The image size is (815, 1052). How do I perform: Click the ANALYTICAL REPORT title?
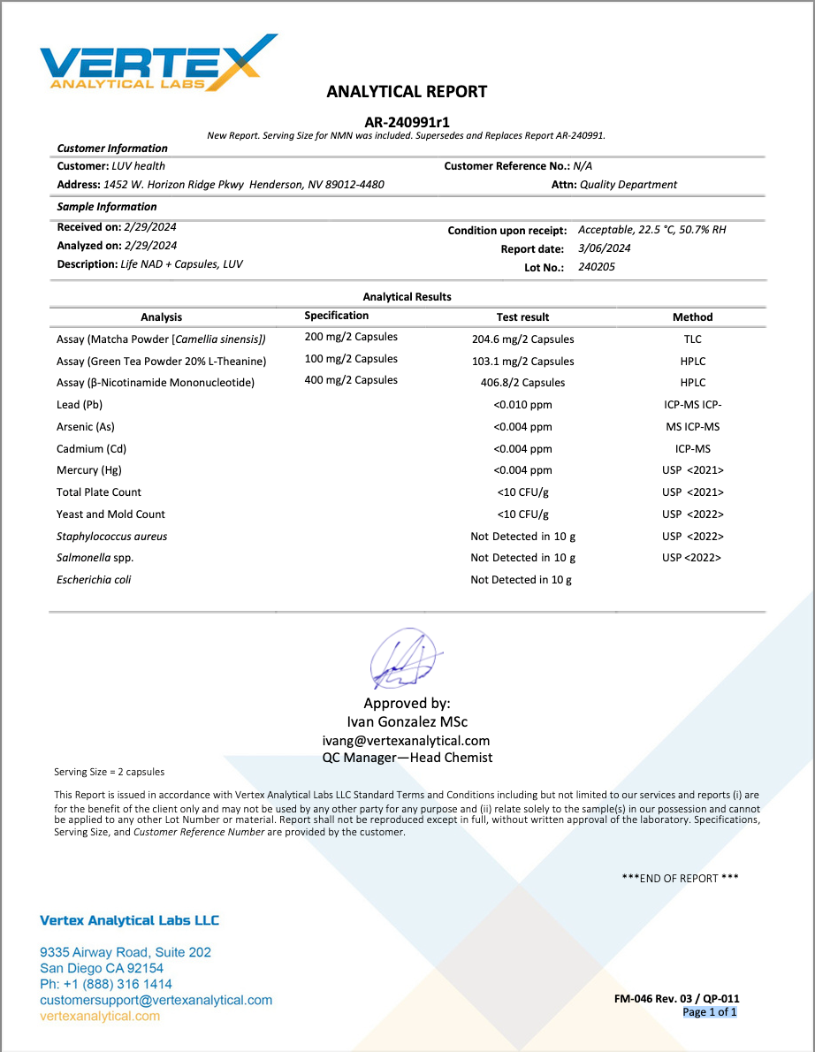click(x=407, y=91)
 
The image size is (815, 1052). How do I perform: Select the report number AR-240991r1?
click(x=407, y=122)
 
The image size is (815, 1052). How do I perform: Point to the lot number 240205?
click(x=597, y=266)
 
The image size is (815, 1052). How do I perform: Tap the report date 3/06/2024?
click(x=605, y=248)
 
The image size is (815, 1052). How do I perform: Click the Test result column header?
click(x=522, y=316)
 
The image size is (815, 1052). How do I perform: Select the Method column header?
click(x=692, y=316)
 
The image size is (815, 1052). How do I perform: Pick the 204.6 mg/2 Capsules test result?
click(x=522, y=339)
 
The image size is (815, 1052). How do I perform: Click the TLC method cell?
click(x=692, y=339)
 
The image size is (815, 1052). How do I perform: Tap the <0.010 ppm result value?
click(x=522, y=405)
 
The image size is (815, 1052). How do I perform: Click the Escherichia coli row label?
click(x=94, y=580)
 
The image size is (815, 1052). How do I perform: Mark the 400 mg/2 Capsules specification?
click(x=351, y=380)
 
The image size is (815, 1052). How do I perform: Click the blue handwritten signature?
click(x=401, y=659)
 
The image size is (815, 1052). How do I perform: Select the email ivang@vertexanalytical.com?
click(x=407, y=741)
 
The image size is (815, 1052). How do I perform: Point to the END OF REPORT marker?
click(x=680, y=878)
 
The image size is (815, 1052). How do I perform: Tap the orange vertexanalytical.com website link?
click(x=100, y=1016)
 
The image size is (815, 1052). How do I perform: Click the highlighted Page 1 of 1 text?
click(x=709, y=1012)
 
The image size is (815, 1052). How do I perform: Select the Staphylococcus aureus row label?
click(x=111, y=537)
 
